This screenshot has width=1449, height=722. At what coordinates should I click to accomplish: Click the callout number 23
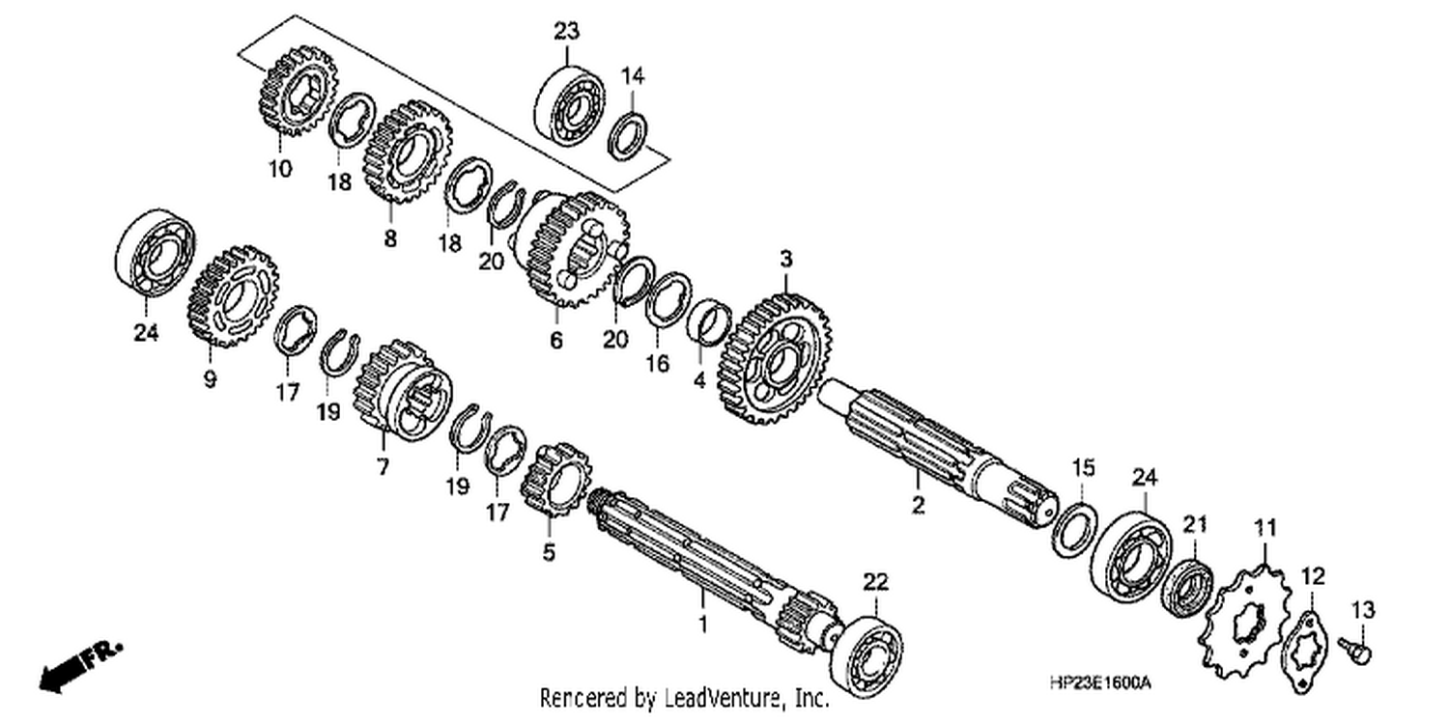pyautogui.click(x=567, y=31)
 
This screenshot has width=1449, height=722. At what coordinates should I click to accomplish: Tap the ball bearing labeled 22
pyautogui.click(x=867, y=657)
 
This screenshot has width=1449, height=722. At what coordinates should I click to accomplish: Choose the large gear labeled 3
pyautogui.click(x=775, y=359)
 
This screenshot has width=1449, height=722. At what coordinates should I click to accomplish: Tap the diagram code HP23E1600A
pyautogui.click(x=1100, y=682)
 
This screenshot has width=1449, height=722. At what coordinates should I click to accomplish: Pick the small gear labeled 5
pyautogui.click(x=555, y=479)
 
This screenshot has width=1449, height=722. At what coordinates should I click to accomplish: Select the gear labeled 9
pyautogui.click(x=233, y=296)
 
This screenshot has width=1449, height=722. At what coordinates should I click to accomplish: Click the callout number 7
pyautogui.click(x=383, y=466)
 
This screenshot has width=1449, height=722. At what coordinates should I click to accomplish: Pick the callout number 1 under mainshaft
pyautogui.click(x=702, y=624)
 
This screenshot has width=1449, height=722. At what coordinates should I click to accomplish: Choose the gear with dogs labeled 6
pyautogui.click(x=572, y=248)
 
